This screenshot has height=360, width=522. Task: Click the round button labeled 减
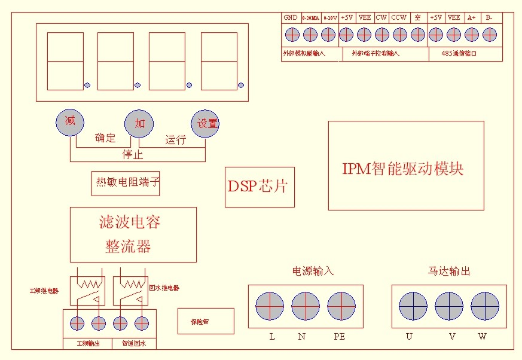[70, 122]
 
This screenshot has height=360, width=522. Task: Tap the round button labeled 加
[139, 124]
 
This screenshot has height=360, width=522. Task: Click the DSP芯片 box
[260, 187]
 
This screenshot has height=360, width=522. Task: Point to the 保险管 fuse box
[205, 321]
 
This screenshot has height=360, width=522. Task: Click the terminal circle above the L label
[270, 306]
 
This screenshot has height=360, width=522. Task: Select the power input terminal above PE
[341, 306]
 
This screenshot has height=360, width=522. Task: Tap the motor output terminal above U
[413, 306]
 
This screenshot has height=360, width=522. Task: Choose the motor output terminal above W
[485, 306]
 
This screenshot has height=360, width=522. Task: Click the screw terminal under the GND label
[291, 35]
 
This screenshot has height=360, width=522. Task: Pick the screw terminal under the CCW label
[399, 35]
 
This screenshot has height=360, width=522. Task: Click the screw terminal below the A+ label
[471, 35]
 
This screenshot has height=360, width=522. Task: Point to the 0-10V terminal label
[329, 18]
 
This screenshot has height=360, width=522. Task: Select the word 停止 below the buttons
[133, 155]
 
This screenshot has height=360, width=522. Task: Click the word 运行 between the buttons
[176, 140]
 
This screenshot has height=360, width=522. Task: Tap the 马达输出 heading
[449, 271]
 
